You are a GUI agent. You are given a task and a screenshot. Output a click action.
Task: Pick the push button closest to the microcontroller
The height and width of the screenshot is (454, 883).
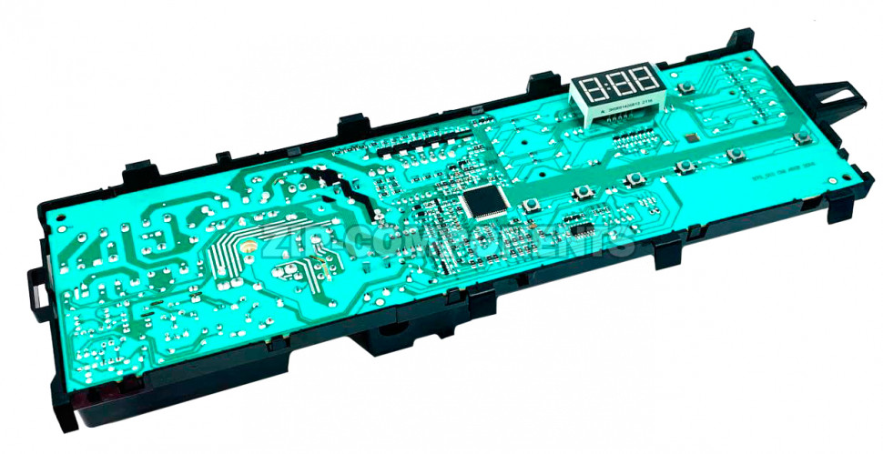tap(530, 202)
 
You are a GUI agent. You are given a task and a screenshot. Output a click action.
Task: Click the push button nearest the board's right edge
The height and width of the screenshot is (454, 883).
tap(802, 137)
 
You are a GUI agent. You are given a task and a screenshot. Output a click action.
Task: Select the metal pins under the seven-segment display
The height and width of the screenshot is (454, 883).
tap(619, 116)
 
